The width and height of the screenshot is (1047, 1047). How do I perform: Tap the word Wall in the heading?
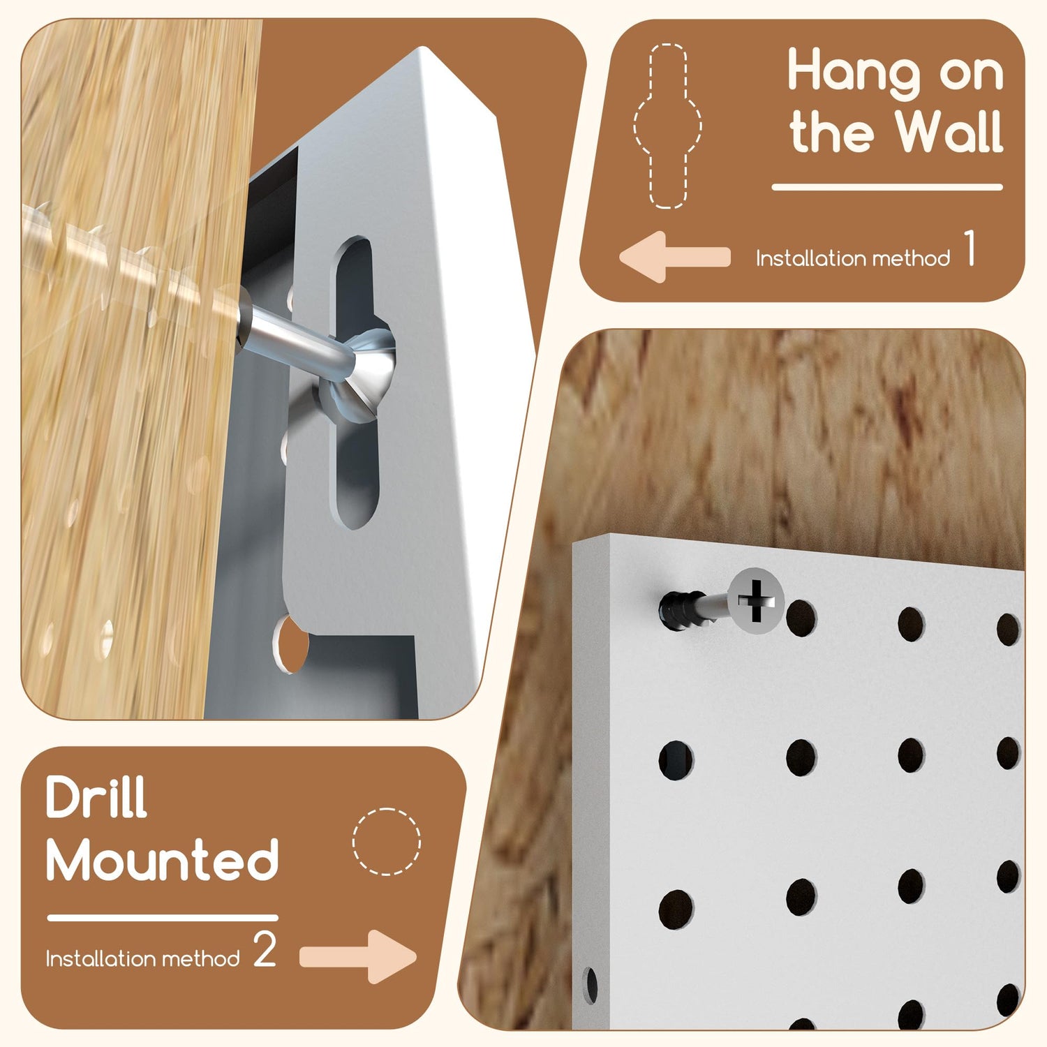point(949,131)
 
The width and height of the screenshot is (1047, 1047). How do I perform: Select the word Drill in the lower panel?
point(96,797)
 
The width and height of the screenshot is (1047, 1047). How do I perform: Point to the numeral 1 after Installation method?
point(970,248)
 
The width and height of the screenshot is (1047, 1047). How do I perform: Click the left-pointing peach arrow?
point(674,257)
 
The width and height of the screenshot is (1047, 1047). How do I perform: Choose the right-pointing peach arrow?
point(358,956)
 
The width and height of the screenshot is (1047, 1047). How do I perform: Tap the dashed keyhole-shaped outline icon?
point(668,126)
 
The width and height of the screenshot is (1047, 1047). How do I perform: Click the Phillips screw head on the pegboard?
point(755,601)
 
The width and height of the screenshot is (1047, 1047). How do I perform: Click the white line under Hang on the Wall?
point(887,187)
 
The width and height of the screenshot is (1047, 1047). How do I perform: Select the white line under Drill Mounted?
point(163,918)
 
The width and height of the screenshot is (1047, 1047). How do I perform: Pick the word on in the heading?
point(971,74)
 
